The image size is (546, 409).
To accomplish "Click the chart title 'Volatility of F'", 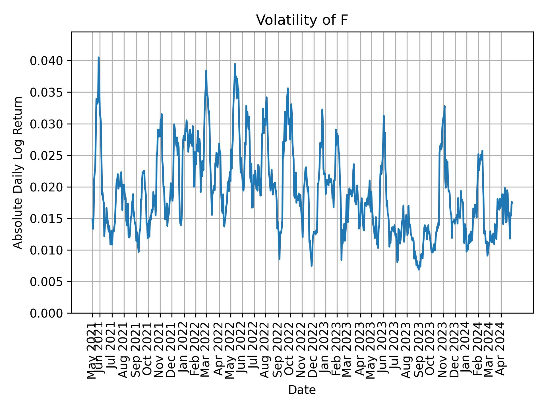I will point(302,20).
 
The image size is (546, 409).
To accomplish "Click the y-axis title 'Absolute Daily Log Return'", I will point(18,172).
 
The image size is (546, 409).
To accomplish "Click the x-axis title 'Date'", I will point(302,390).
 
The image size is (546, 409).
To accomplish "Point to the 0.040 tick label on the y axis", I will point(46,61).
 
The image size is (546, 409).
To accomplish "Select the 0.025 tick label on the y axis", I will point(46,156).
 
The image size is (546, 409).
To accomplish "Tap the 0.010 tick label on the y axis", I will point(46,250).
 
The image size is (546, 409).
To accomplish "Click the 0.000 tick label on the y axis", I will point(46,313).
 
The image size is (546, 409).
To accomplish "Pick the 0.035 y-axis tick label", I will point(46,93).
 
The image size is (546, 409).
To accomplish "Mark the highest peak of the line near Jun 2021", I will point(99,57).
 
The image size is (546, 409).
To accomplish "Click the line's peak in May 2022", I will point(235,64).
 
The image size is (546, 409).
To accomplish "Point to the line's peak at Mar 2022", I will point(206,71).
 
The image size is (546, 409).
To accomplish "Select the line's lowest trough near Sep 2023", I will point(419,269).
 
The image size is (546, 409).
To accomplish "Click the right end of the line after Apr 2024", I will point(512,203).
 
